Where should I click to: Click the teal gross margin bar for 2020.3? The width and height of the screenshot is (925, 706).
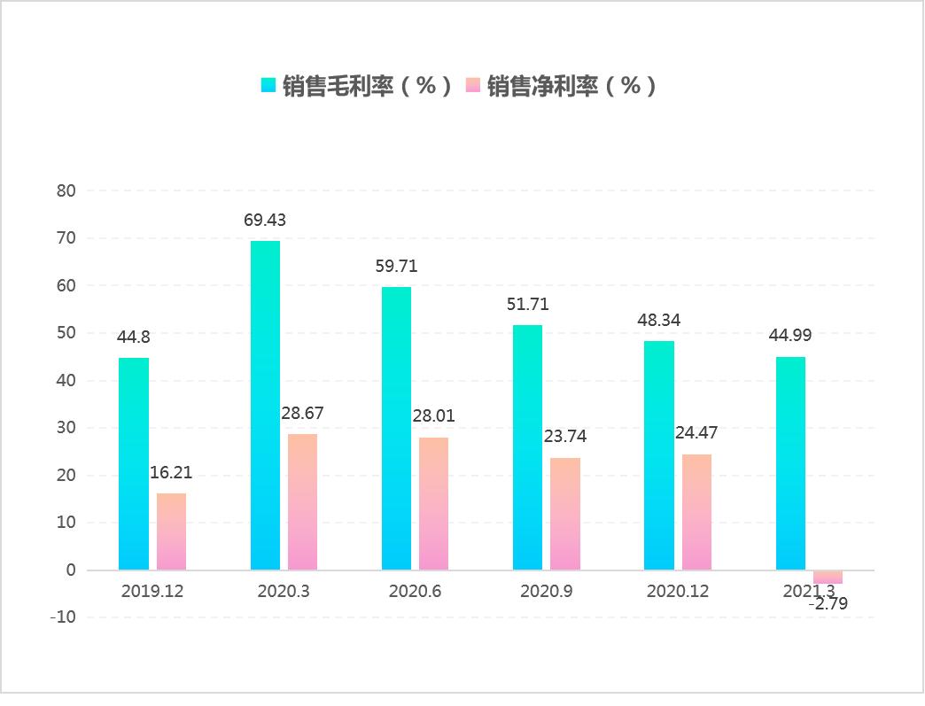tap(265, 405)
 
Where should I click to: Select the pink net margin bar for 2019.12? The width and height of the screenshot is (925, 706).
tap(171, 531)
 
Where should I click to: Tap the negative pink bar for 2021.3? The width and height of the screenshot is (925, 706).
tap(828, 577)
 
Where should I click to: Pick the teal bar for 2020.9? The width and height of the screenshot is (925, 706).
tap(527, 447)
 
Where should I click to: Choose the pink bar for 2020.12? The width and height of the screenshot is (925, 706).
tap(696, 512)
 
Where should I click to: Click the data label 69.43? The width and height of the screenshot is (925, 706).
tap(265, 220)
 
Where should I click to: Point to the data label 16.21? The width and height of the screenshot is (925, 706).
tap(171, 472)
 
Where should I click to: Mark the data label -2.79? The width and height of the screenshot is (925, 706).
tap(828, 606)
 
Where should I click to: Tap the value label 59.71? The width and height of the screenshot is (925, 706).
tap(396, 266)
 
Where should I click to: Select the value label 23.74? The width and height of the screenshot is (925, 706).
tap(565, 437)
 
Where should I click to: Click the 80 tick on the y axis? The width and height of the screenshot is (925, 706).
tap(67, 190)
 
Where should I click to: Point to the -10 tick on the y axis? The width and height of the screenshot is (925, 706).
tap(64, 617)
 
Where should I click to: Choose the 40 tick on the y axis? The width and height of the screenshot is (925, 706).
tap(67, 380)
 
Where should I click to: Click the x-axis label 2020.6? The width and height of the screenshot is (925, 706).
tap(415, 591)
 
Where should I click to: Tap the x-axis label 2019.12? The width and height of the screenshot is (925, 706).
tap(152, 591)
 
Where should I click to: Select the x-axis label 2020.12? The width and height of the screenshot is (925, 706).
tap(678, 591)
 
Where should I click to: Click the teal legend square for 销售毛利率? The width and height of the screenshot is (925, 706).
tap(268, 86)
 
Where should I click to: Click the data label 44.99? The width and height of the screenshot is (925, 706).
tap(790, 335)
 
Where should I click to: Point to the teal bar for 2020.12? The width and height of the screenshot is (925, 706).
tap(659, 454)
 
